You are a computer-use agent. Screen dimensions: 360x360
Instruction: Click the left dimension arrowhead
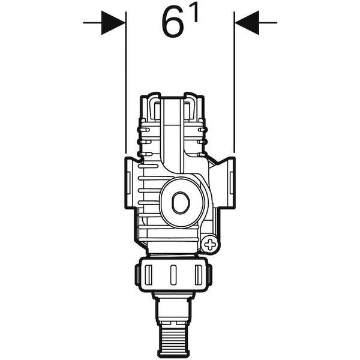[113, 23]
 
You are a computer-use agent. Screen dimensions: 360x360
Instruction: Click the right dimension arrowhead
[247, 23]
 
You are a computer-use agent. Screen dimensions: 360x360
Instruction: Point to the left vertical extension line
[126, 82]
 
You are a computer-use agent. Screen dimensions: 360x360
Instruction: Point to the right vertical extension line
[234, 82]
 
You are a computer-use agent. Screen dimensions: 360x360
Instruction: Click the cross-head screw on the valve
[210, 245]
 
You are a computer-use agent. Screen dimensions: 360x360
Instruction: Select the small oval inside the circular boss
[181, 203]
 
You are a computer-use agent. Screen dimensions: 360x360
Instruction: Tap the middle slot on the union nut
[173, 275]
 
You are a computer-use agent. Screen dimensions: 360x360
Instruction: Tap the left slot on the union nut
[149, 275]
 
